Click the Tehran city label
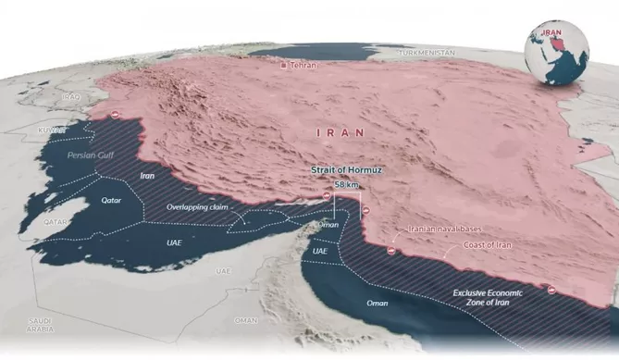coord(303,66)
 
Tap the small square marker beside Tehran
coord(285,65)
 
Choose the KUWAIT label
coord(52,130)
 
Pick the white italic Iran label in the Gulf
coord(146,175)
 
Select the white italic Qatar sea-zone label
coord(112,199)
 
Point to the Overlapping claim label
coord(197,207)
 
